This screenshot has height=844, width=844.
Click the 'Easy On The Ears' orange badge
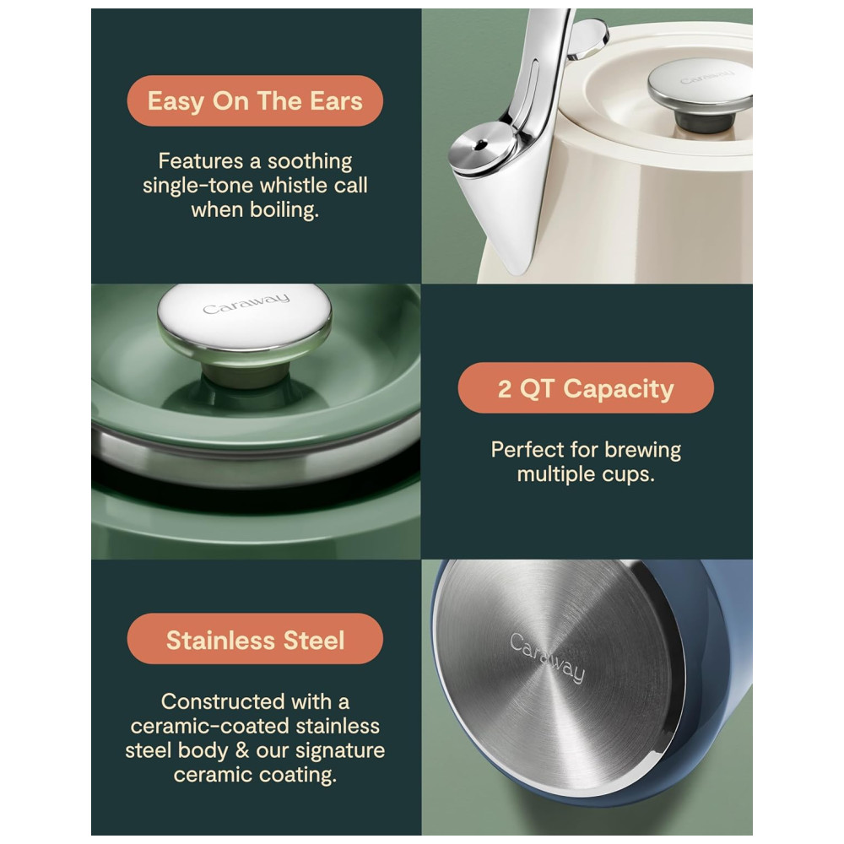[x=255, y=100]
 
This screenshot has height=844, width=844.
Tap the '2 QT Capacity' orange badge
[x=586, y=388]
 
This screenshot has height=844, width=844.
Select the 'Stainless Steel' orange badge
[x=255, y=639]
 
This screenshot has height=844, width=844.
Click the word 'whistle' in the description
[x=291, y=185]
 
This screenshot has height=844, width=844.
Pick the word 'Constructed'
[x=223, y=702]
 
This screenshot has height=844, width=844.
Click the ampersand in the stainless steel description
[x=242, y=750]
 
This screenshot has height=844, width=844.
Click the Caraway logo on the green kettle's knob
[x=246, y=304]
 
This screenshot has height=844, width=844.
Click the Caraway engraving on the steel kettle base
[x=547, y=657]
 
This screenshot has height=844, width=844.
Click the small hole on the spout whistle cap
[x=479, y=144]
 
